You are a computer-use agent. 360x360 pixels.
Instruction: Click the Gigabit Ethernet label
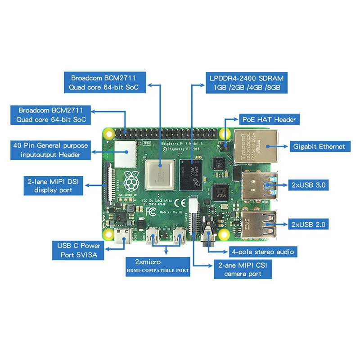pyautogui.click(x=319, y=146)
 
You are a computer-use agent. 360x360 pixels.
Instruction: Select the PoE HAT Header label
pyautogui.click(x=270, y=120)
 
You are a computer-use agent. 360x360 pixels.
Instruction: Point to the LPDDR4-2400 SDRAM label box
pyautogui.click(x=246, y=83)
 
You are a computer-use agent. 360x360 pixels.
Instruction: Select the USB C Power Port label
pyautogui.click(x=78, y=251)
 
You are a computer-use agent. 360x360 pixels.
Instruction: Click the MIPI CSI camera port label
pyautogui.click(x=243, y=269)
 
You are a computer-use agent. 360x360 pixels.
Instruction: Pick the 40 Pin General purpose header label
pyautogui.click(x=50, y=150)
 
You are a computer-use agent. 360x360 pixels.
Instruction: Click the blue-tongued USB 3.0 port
pyautogui.click(x=261, y=185)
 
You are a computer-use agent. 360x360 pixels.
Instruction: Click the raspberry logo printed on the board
pyautogui.click(x=131, y=181)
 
